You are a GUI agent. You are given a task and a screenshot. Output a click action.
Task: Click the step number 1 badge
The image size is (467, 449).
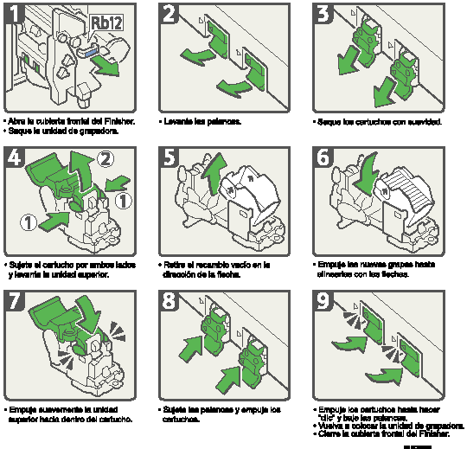click(x=13, y=12)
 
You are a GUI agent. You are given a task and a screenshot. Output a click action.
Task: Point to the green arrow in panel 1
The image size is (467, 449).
click(x=108, y=63)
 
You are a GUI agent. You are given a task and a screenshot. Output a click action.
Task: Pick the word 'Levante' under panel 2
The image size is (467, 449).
click(x=178, y=121)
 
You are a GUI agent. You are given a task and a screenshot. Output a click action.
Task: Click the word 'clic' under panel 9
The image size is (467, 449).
click(x=326, y=418)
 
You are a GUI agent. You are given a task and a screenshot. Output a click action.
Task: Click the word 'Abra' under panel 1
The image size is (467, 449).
click(x=17, y=121)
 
